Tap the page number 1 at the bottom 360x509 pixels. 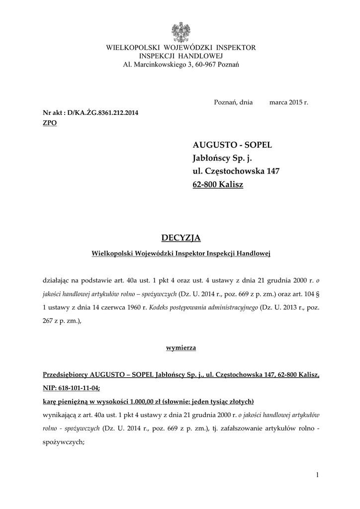click(317, 476)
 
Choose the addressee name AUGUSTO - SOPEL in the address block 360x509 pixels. click(232, 145)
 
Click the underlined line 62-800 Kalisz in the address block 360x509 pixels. click(218, 185)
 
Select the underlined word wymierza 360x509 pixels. click(180, 348)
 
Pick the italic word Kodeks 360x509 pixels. click(156, 308)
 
